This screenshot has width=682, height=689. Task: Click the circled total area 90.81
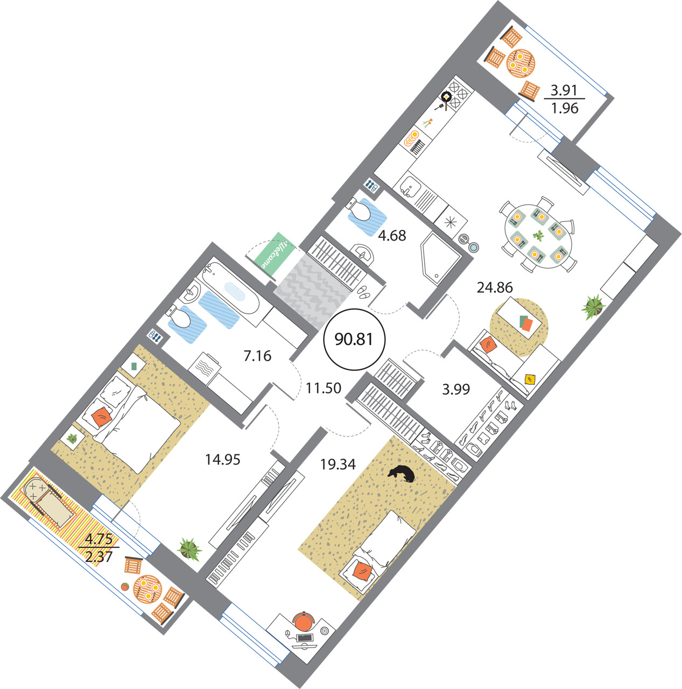pyautogui.click(x=354, y=339)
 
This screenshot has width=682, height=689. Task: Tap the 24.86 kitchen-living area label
pyautogui.click(x=495, y=287)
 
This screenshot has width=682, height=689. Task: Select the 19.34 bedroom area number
pyautogui.click(x=338, y=464)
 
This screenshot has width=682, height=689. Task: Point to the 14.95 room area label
pyautogui.click(x=222, y=460)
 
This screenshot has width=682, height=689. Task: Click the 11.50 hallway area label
pyautogui.click(x=324, y=388)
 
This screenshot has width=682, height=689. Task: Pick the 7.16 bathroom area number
pyautogui.click(x=257, y=356)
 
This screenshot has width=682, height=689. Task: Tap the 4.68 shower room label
pyautogui.click(x=392, y=236)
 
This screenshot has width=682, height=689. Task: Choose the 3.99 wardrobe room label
pyautogui.click(x=456, y=389)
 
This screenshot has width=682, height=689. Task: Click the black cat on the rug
pyautogui.click(x=401, y=473)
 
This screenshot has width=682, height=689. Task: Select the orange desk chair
pyautogui.click(x=303, y=622)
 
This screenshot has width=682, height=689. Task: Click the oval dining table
pyautogui.click(x=538, y=236)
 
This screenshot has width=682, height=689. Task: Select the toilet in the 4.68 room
pyautogui.click(x=358, y=210)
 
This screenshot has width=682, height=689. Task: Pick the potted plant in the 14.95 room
pyautogui.click(x=189, y=549)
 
